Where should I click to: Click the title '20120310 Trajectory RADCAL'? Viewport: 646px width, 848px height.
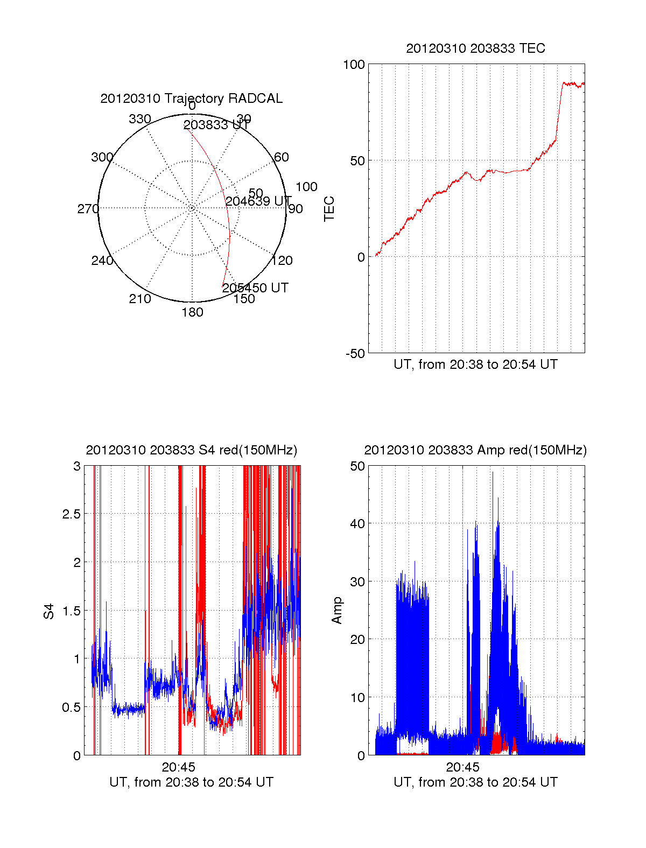[191, 99]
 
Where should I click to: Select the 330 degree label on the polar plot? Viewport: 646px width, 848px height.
[139, 119]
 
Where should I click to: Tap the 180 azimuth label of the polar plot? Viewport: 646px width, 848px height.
[192, 312]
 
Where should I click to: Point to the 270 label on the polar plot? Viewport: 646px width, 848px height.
[88, 209]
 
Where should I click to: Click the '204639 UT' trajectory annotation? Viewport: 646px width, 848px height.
[258, 201]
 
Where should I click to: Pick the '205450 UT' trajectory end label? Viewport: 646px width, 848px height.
[255, 288]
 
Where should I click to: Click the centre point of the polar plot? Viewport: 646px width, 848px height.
[192, 208]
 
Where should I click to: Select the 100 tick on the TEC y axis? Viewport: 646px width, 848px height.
[354, 65]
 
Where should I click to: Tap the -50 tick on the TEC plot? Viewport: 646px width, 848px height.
[355, 353]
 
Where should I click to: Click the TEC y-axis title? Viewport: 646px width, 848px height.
[329, 209]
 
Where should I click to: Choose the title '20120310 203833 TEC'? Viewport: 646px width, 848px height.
[475, 48]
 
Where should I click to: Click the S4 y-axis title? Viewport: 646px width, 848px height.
[49, 611]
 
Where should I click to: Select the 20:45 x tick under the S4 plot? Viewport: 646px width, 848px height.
[178, 767]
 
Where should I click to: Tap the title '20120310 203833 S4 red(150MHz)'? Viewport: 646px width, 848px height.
[191, 450]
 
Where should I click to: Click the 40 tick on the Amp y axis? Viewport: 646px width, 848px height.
[357, 523]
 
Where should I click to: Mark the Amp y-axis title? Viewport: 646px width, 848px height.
[337, 611]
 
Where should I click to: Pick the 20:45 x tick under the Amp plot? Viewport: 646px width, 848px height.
[462, 767]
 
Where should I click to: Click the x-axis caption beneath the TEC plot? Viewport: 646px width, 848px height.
[475, 365]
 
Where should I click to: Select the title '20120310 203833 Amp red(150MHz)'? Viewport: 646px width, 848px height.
[475, 450]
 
